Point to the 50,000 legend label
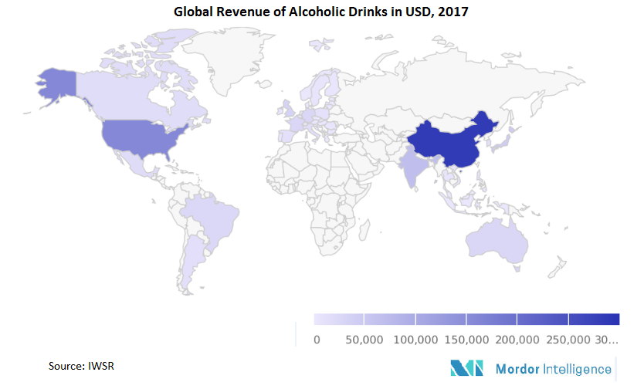tap(364, 339)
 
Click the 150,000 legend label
tap(466, 339)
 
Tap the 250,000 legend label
tap(568, 339)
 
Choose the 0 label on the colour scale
tap(317, 339)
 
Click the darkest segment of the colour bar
tap(594, 319)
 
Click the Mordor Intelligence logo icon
tap(466, 369)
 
